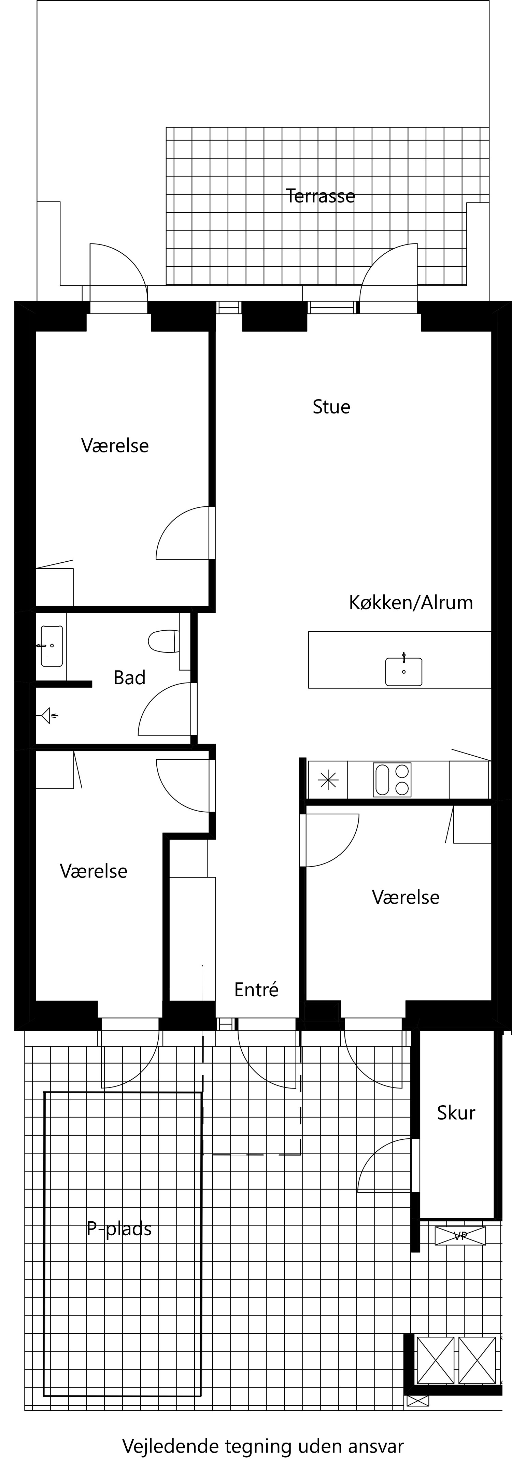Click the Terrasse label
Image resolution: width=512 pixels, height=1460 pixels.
[320, 196]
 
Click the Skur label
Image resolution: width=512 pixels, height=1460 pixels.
[456, 1112]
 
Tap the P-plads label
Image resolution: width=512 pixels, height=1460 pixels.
[119, 1229]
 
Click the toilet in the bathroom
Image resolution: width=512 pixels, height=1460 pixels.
[163, 641]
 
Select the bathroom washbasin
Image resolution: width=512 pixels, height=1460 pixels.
[52, 646]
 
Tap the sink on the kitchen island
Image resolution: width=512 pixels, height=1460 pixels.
[403, 672]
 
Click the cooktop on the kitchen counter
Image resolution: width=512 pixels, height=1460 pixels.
[392, 780]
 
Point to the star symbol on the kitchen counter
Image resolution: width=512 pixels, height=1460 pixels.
[328, 781]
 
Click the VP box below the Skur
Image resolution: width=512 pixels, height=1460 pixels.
[460, 1236]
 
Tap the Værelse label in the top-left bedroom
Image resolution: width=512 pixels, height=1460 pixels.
[115, 446]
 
